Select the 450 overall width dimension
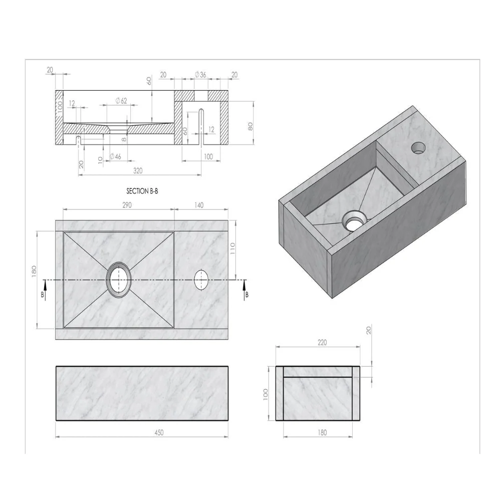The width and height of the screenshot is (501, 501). (x=159, y=432)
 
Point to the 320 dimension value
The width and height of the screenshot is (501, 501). (x=138, y=170)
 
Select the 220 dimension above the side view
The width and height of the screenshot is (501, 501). (x=322, y=343)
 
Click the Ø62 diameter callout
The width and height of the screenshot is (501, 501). (x=121, y=101)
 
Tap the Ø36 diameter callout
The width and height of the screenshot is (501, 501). (x=200, y=75)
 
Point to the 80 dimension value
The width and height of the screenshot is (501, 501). (x=250, y=126)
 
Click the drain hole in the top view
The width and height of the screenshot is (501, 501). (x=119, y=279)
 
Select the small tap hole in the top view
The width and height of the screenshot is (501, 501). (x=201, y=279)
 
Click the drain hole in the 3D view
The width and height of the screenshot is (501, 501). (x=354, y=220)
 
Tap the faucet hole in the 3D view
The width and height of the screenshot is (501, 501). (x=418, y=147)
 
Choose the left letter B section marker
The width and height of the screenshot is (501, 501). (x=43, y=295)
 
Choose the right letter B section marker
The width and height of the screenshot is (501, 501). (x=246, y=295)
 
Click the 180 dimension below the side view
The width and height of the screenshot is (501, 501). (x=322, y=433)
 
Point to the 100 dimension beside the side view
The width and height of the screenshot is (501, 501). (x=266, y=394)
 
